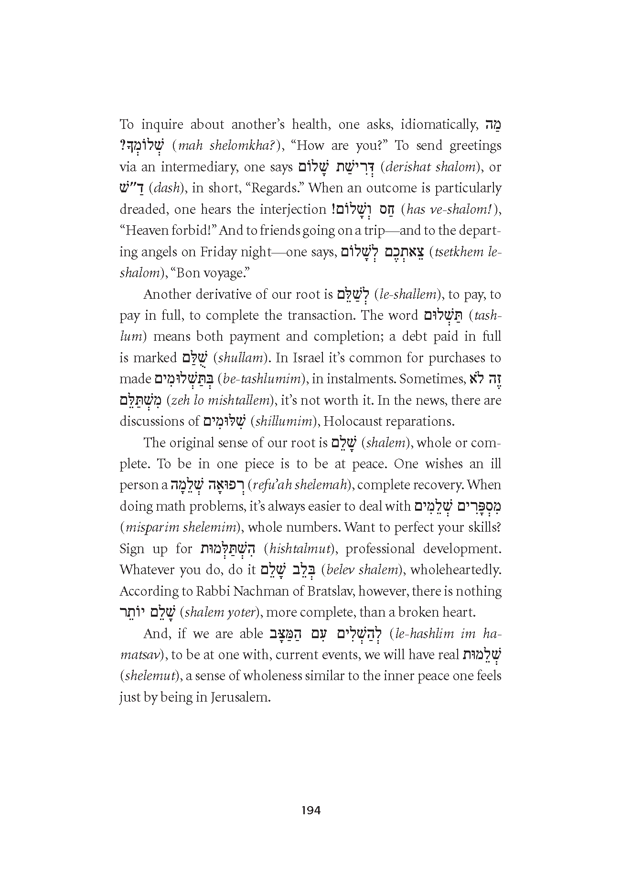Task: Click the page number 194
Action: pyautogui.click(x=310, y=810)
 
